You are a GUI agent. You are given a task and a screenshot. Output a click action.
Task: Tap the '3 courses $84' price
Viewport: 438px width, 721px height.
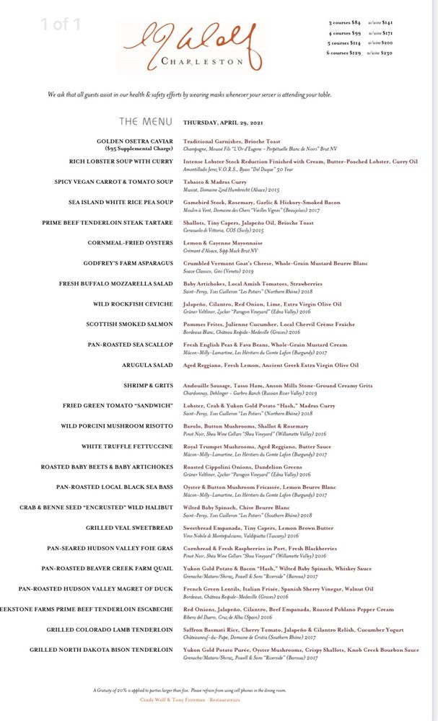345,23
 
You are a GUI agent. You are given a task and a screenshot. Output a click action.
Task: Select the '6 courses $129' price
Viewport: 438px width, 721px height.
344,53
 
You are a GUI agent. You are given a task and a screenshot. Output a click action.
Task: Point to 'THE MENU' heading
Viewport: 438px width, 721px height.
146,122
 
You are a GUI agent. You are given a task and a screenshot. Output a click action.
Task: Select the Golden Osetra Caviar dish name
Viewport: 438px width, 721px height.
135,141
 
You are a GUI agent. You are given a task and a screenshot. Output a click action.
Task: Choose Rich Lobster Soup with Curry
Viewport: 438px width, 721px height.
121,162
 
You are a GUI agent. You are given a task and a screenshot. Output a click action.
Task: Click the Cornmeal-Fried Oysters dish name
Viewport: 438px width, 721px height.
131,243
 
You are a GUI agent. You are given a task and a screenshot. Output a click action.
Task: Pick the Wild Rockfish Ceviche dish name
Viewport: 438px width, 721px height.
133,304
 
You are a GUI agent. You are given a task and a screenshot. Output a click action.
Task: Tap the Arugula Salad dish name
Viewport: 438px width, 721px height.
148,366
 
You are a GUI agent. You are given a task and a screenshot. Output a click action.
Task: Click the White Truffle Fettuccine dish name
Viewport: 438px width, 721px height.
127,447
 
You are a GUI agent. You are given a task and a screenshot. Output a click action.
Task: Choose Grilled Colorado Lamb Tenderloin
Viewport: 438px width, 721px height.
110,630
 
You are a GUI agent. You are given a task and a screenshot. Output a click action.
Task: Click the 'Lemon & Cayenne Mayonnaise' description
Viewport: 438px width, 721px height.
223,243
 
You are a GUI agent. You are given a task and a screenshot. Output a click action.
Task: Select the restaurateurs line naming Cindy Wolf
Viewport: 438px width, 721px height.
190,699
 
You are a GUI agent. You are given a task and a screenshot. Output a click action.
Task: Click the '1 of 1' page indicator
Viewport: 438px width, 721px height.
61,25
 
